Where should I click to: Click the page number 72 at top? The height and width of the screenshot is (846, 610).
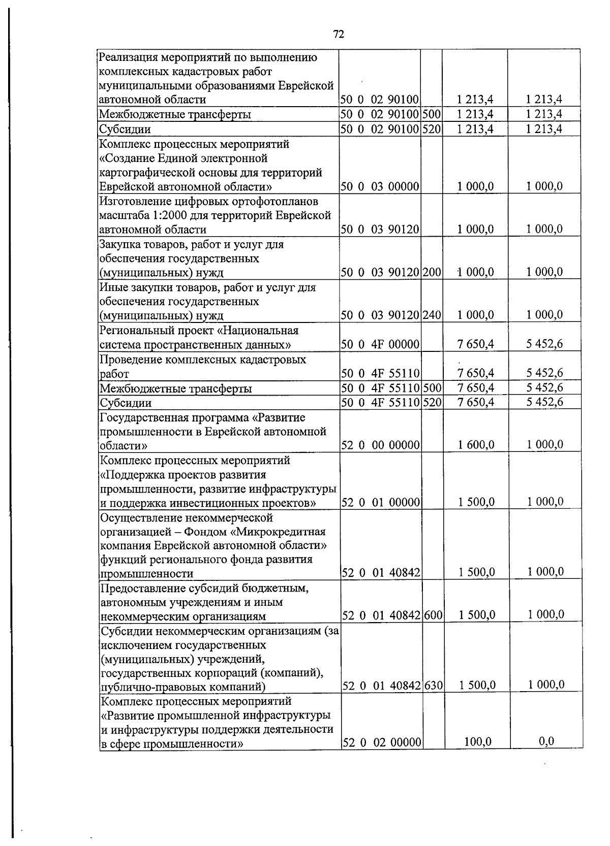point(339,34)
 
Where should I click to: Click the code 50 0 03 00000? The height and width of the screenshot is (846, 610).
point(380,186)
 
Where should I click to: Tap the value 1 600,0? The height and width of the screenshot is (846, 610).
point(476,445)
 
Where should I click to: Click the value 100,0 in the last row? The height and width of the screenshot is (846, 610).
point(477,742)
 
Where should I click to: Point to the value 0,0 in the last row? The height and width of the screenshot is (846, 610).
point(546,741)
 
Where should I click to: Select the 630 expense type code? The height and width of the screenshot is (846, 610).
point(434,686)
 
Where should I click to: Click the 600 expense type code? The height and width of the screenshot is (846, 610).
point(433,615)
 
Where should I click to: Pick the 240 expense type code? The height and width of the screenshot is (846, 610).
point(432,315)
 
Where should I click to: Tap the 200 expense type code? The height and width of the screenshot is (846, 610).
point(432,272)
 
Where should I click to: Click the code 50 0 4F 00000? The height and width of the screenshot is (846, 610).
point(380,345)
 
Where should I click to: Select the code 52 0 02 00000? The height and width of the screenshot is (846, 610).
point(381,743)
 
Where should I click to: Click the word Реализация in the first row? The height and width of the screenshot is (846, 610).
point(125,57)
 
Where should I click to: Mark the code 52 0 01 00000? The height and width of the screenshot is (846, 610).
point(381,503)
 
